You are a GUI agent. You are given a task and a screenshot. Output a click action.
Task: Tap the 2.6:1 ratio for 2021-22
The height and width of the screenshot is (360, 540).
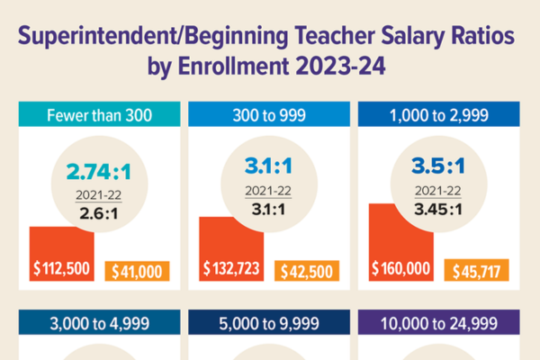click(99, 212)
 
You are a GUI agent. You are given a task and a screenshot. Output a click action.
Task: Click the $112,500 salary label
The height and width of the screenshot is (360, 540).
click(62, 270)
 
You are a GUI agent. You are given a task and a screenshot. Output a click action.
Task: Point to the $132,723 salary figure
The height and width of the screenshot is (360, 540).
click(231, 270)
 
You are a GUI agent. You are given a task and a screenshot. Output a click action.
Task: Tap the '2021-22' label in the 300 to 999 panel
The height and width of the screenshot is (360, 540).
click(270, 192)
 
